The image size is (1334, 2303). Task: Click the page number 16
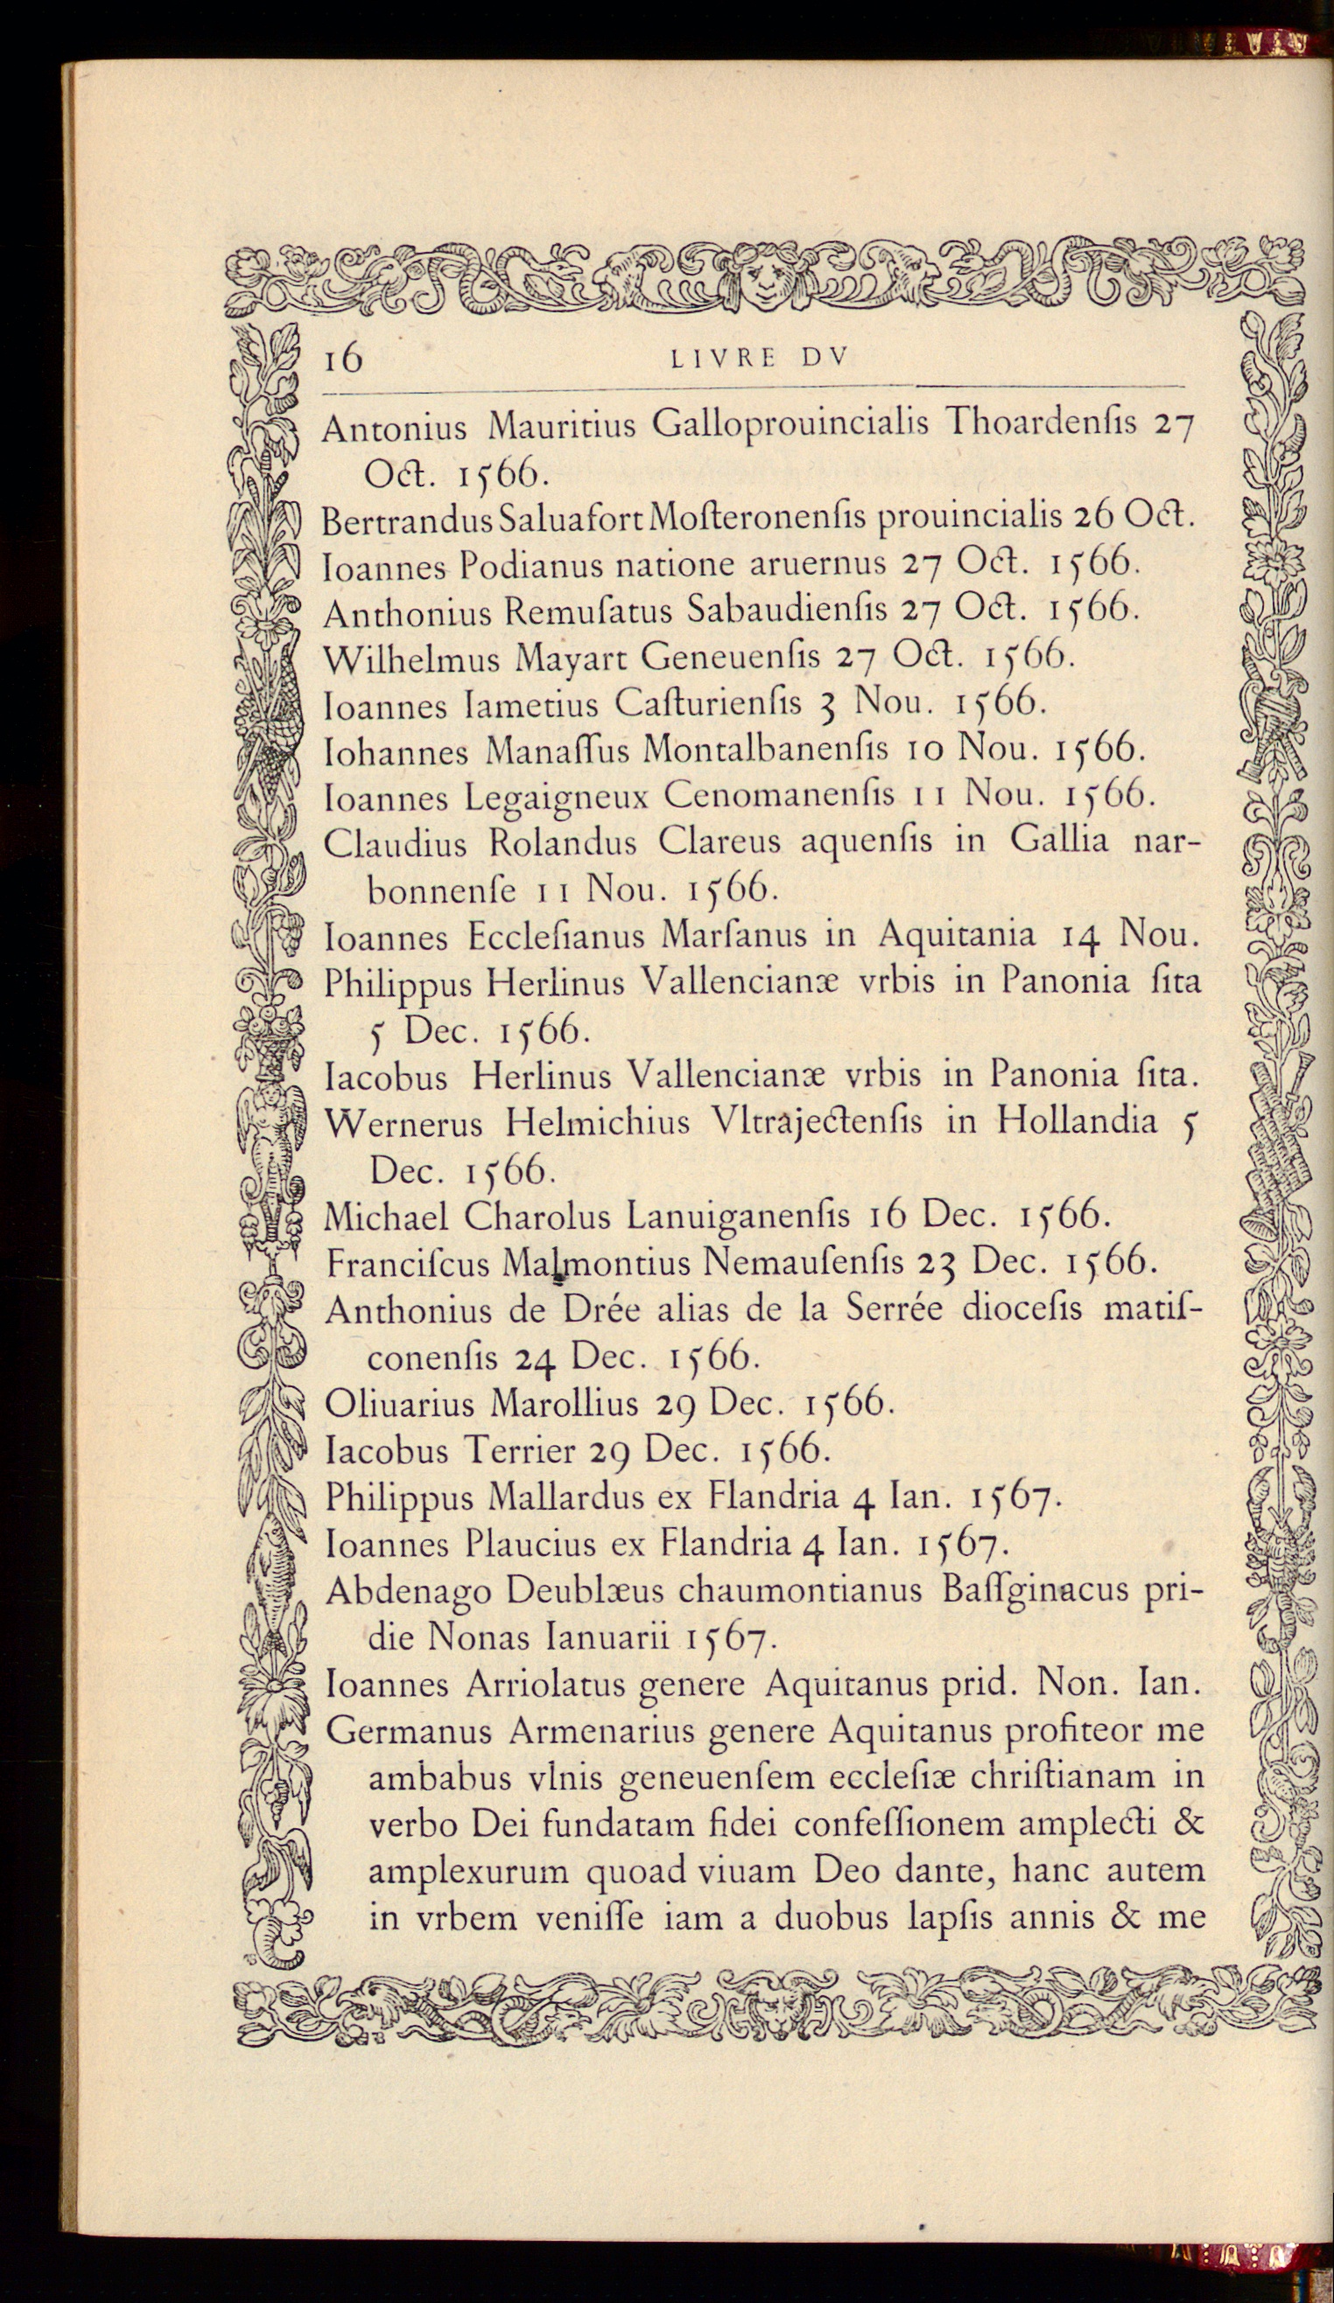click(344, 359)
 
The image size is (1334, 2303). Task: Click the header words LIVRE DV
click(760, 359)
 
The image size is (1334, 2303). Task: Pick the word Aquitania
click(957, 935)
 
